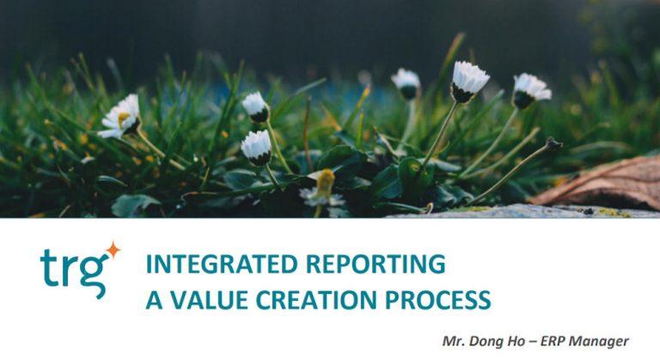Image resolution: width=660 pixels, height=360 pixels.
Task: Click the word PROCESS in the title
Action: pos(440,301)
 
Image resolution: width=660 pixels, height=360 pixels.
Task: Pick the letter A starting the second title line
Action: pos(153,301)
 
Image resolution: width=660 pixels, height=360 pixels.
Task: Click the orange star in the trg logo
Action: pos(112,250)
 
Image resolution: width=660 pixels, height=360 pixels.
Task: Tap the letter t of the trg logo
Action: pos(48,266)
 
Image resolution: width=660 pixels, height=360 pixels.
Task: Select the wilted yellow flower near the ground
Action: pos(323,184)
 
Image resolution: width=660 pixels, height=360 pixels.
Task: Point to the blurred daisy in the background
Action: pos(406,83)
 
